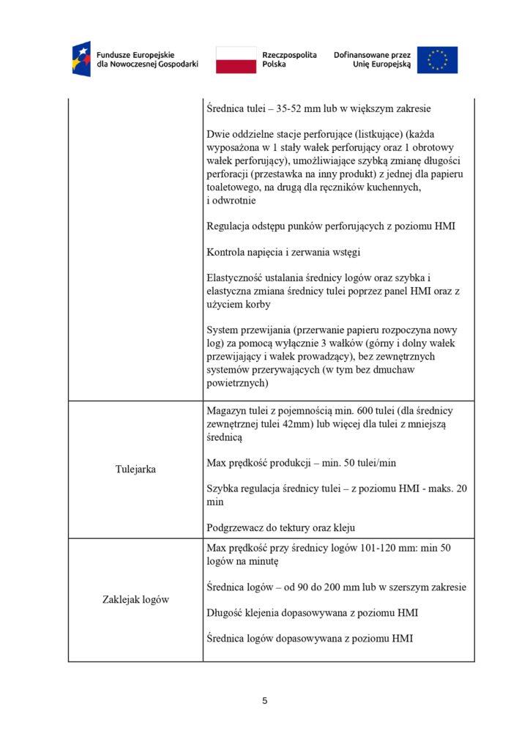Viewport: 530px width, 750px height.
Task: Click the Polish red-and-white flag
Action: coord(236,59)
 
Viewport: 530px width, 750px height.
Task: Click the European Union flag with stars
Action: coord(437,59)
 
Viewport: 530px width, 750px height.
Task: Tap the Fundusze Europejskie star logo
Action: coord(81,59)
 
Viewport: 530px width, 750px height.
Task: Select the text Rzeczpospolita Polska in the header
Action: coord(289,59)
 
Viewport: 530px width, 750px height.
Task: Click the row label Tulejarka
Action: coord(135,469)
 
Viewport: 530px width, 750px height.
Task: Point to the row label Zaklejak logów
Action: coord(135,600)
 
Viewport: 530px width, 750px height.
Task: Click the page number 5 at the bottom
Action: coord(265,701)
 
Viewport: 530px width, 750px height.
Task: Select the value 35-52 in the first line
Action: coord(291,108)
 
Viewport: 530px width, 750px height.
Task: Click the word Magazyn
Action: coord(228,411)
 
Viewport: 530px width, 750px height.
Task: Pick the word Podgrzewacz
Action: coord(236,528)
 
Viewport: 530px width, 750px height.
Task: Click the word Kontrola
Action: coord(227,252)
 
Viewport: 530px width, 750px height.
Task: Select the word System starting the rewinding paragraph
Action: coord(223,330)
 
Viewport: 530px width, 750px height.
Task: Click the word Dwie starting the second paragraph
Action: coord(219,135)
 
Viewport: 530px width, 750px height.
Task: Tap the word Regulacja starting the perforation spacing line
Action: coord(231,226)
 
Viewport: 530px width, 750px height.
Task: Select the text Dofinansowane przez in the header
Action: coord(372,54)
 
